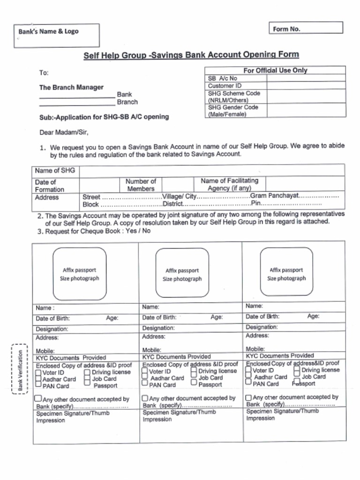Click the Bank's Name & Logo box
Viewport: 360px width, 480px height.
pos(56,36)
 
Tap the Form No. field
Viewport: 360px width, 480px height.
pos(305,28)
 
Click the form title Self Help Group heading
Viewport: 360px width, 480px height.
pos(191,55)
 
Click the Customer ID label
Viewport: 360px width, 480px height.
pos(225,86)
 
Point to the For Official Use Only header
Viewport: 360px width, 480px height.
pos(275,70)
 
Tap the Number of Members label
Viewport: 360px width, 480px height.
pos(141,185)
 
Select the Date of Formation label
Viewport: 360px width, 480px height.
pos(49,186)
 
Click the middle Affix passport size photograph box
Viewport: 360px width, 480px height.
pos(182,273)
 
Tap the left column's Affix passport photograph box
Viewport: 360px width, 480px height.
pos(79,274)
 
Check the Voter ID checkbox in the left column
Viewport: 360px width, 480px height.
pos(38,373)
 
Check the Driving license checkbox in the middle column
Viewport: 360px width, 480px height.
pos(194,371)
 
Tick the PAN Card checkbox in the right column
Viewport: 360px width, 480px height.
pos(248,382)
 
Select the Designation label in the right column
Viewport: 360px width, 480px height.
pos(262,327)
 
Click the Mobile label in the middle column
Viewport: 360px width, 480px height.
pos(151,350)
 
